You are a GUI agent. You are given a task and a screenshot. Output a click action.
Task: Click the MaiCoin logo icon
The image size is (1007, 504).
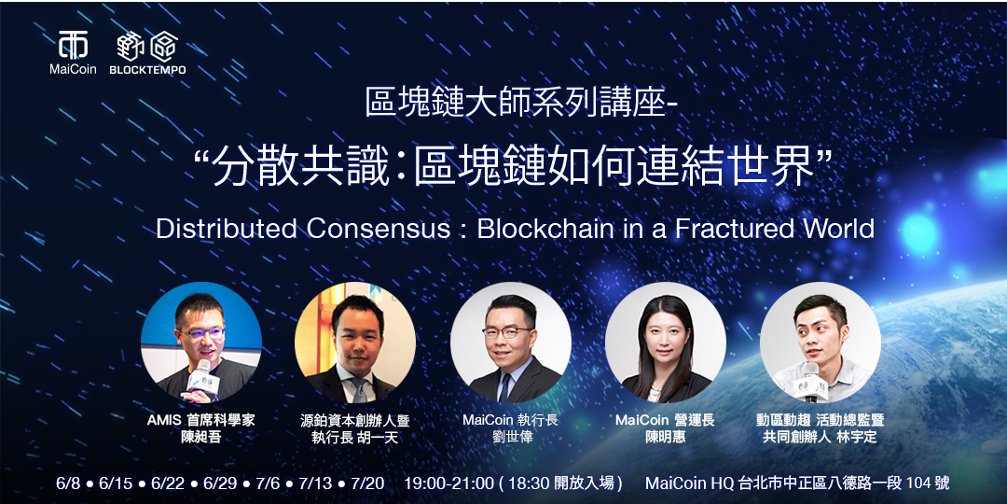coord(73,45)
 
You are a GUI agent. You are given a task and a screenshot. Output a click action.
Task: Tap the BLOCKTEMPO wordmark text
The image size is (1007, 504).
coord(146,70)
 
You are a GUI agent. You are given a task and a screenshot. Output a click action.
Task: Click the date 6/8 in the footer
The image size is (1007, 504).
coord(69,483)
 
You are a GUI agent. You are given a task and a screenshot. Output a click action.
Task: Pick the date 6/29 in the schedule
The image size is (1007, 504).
coord(221,483)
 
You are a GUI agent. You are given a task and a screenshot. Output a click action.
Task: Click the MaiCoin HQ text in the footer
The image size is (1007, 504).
coord(690,483)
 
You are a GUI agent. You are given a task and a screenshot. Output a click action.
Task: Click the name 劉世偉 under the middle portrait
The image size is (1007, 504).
coord(511,438)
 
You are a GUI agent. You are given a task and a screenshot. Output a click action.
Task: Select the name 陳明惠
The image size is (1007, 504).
coord(665,438)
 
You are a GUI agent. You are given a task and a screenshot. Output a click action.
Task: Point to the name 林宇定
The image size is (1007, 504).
coord(856,438)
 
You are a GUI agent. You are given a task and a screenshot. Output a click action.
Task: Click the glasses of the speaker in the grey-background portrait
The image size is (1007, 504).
coord(507,331)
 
